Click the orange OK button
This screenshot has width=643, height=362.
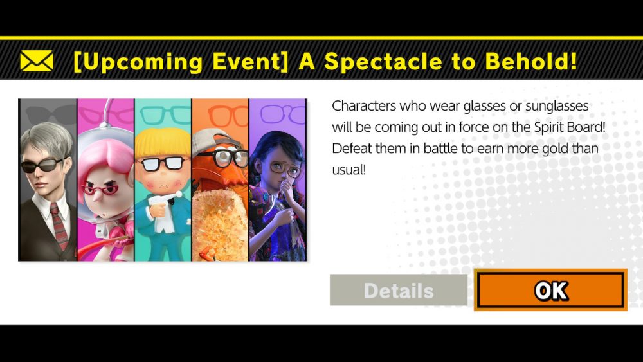click(x=550, y=290)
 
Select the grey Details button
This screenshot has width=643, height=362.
click(x=398, y=290)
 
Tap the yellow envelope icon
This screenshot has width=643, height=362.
click(x=37, y=60)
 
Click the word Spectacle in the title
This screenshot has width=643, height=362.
click(x=383, y=62)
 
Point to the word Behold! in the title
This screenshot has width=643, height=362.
click(x=530, y=60)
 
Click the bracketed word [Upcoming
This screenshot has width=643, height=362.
click(x=138, y=62)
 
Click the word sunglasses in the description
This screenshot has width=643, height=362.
click(x=556, y=106)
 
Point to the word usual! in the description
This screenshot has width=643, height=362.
click(x=349, y=169)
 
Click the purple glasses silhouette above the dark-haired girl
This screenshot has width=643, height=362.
click(x=283, y=113)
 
